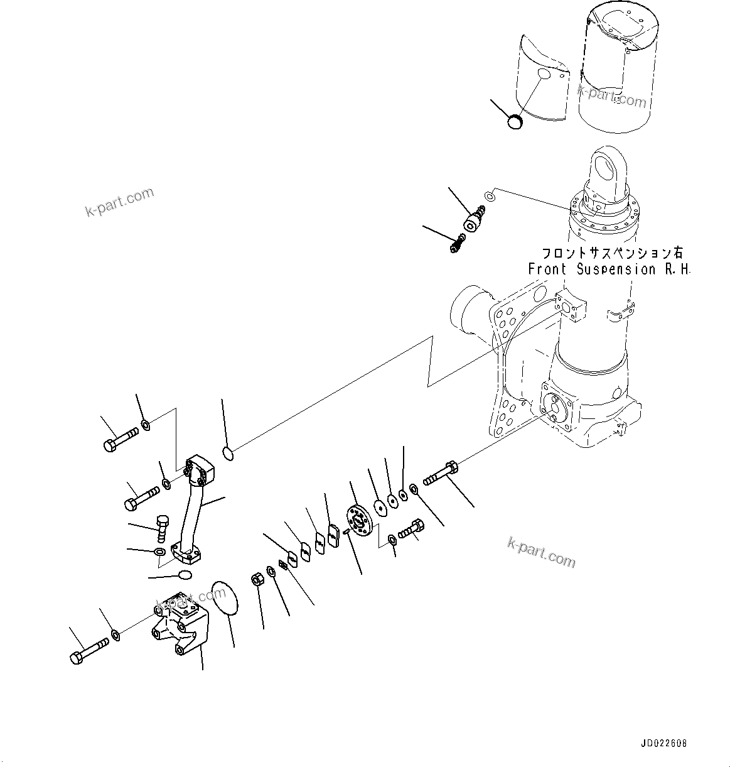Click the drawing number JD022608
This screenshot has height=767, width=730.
click(x=663, y=743)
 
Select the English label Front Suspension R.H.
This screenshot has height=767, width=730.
click(x=608, y=269)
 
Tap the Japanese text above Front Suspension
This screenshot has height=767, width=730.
click(x=612, y=253)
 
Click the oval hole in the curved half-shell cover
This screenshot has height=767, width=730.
click(x=544, y=75)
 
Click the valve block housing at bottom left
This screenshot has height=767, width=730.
click(x=179, y=624)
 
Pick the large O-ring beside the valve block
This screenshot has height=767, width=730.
click(x=225, y=599)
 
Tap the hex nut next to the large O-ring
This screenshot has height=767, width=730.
click(x=257, y=580)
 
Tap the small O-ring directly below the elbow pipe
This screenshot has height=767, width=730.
click(x=186, y=575)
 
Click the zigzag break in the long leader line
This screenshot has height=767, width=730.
click(x=430, y=361)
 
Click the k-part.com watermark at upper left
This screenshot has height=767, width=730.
click(x=119, y=201)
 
